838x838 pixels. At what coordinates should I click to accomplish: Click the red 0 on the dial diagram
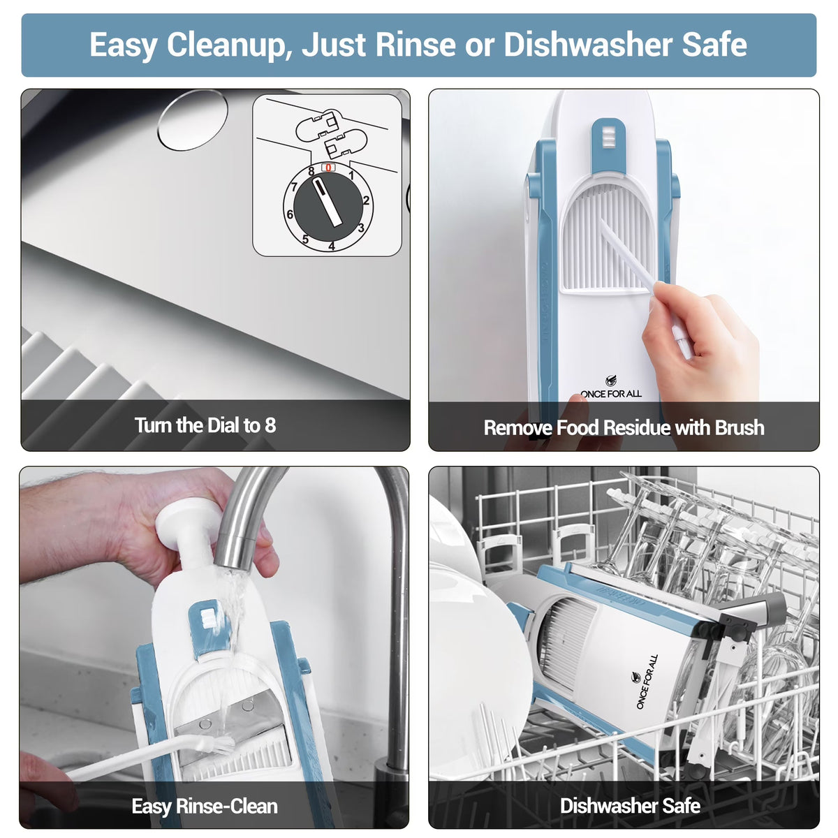point(328,168)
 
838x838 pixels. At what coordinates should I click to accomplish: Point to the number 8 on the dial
point(311,171)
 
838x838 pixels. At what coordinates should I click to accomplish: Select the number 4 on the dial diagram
point(332,246)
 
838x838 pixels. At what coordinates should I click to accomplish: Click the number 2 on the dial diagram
point(366,200)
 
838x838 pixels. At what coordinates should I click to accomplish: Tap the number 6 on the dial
point(290,214)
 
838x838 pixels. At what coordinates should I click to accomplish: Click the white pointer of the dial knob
point(328,203)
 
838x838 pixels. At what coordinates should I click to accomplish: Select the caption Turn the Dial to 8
point(205,425)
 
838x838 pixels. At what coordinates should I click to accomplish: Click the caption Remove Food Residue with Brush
point(624,427)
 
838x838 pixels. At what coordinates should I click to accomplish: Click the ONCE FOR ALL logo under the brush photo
point(611,388)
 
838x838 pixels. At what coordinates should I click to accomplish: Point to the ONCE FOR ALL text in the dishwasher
point(647,682)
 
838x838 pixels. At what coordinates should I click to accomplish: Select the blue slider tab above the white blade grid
point(608,146)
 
